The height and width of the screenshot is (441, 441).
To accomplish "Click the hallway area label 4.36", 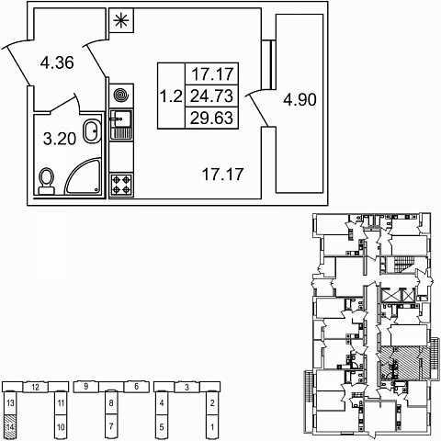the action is tap(57, 62).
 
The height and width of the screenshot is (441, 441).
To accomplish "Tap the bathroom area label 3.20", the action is tap(60, 139).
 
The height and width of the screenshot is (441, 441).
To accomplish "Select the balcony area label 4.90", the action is tap(300, 99).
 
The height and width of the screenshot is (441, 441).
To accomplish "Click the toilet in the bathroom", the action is tap(47, 181).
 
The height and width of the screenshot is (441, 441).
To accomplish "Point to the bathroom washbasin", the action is tap(93, 131).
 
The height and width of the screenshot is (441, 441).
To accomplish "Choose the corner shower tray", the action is tap(83, 176).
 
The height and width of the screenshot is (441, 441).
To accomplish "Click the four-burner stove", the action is tap(121, 186).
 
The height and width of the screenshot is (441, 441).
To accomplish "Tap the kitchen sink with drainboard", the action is tap(121, 125).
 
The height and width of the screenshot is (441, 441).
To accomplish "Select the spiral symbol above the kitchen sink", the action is tap(121, 95).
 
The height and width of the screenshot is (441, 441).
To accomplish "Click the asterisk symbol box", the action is tap(121, 20).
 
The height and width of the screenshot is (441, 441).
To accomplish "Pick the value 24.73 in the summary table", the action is tap(211, 96).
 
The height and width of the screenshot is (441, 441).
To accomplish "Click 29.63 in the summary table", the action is tap(211, 118).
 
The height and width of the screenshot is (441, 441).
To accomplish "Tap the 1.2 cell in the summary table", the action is tap(172, 96).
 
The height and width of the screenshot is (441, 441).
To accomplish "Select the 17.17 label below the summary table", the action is tap(223, 174).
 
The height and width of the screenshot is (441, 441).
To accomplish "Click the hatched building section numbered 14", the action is tap(10, 426).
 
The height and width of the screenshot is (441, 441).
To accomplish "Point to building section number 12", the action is tap(36, 387).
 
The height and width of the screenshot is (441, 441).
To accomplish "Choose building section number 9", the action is tap(86, 387).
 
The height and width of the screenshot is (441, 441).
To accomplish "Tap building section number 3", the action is tap(187, 387).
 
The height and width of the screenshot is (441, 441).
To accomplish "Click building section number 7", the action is tap(111, 426).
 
